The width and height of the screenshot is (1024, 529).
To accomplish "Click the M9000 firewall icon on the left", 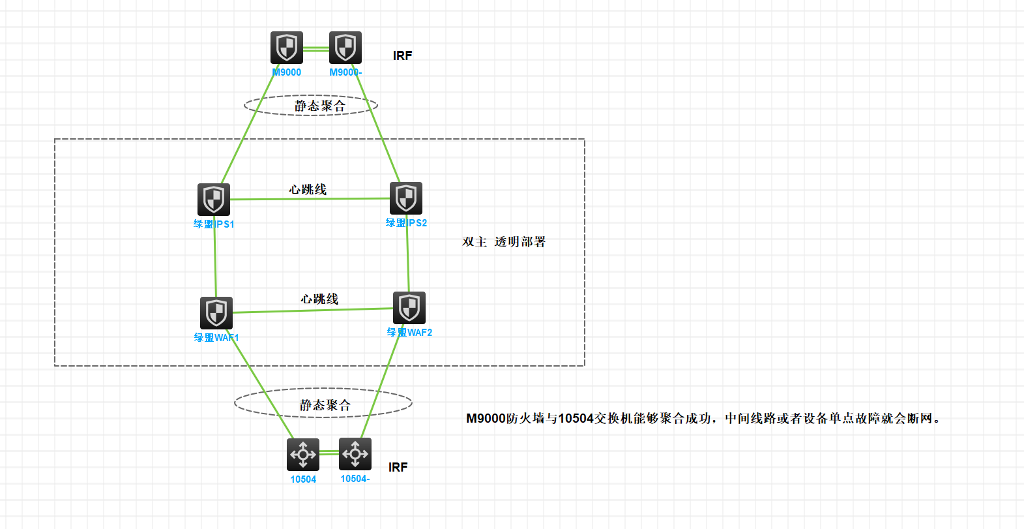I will coord(287,48).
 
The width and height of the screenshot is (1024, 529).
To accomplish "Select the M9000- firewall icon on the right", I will coord(345,48).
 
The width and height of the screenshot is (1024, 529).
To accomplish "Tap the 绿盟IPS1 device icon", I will coord(214,199).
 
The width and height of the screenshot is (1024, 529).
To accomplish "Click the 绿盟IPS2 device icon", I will coord(406,198).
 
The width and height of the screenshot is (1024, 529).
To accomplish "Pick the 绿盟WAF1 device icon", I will coord(216,313).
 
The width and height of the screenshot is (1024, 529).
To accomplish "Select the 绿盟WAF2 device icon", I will coord(409,307).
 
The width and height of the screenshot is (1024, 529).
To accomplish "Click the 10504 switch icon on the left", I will coord(303,454).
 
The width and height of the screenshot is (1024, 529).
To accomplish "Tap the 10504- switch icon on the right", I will coord(355,453).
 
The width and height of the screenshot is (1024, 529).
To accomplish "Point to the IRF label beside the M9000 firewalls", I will coord(402,56).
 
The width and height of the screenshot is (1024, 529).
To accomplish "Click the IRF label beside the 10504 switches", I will coord(398,468).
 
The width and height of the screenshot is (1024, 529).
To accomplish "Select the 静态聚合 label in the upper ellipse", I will coord(320,106).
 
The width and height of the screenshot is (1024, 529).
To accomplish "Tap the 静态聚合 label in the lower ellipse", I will coord(325,405).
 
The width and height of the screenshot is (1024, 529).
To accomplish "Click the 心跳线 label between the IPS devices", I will coord(308,189).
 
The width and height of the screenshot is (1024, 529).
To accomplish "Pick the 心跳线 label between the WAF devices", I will coord(319,299).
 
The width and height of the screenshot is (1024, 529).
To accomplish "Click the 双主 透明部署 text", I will coord(504,242).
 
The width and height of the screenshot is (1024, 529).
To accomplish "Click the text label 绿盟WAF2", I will coord(409,333).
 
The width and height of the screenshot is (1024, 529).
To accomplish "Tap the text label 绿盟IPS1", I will coord(214,224).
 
